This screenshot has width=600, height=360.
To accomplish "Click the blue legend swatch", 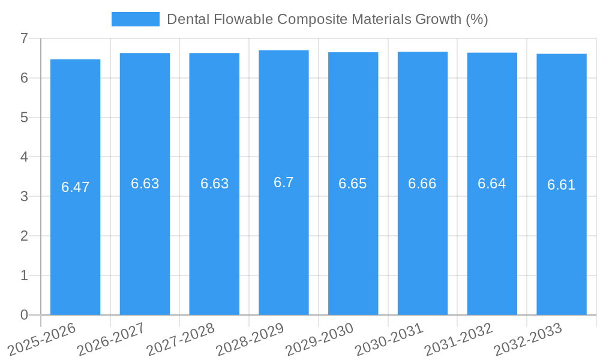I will (135, 19).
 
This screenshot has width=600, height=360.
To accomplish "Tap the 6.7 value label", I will (283, 182).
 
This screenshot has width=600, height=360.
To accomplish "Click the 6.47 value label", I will (75, 187).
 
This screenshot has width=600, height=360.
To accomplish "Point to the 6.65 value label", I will (352, 184).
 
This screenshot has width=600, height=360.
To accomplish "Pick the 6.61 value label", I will (561, 185).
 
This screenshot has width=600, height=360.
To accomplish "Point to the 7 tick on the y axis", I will (24, 38).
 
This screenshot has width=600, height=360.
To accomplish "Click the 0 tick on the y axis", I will (24, 315).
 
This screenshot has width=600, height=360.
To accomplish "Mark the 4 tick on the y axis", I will (24, 157).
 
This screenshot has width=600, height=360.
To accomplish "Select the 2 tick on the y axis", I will (24, 236).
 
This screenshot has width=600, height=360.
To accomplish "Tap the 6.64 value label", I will (491, 184).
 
